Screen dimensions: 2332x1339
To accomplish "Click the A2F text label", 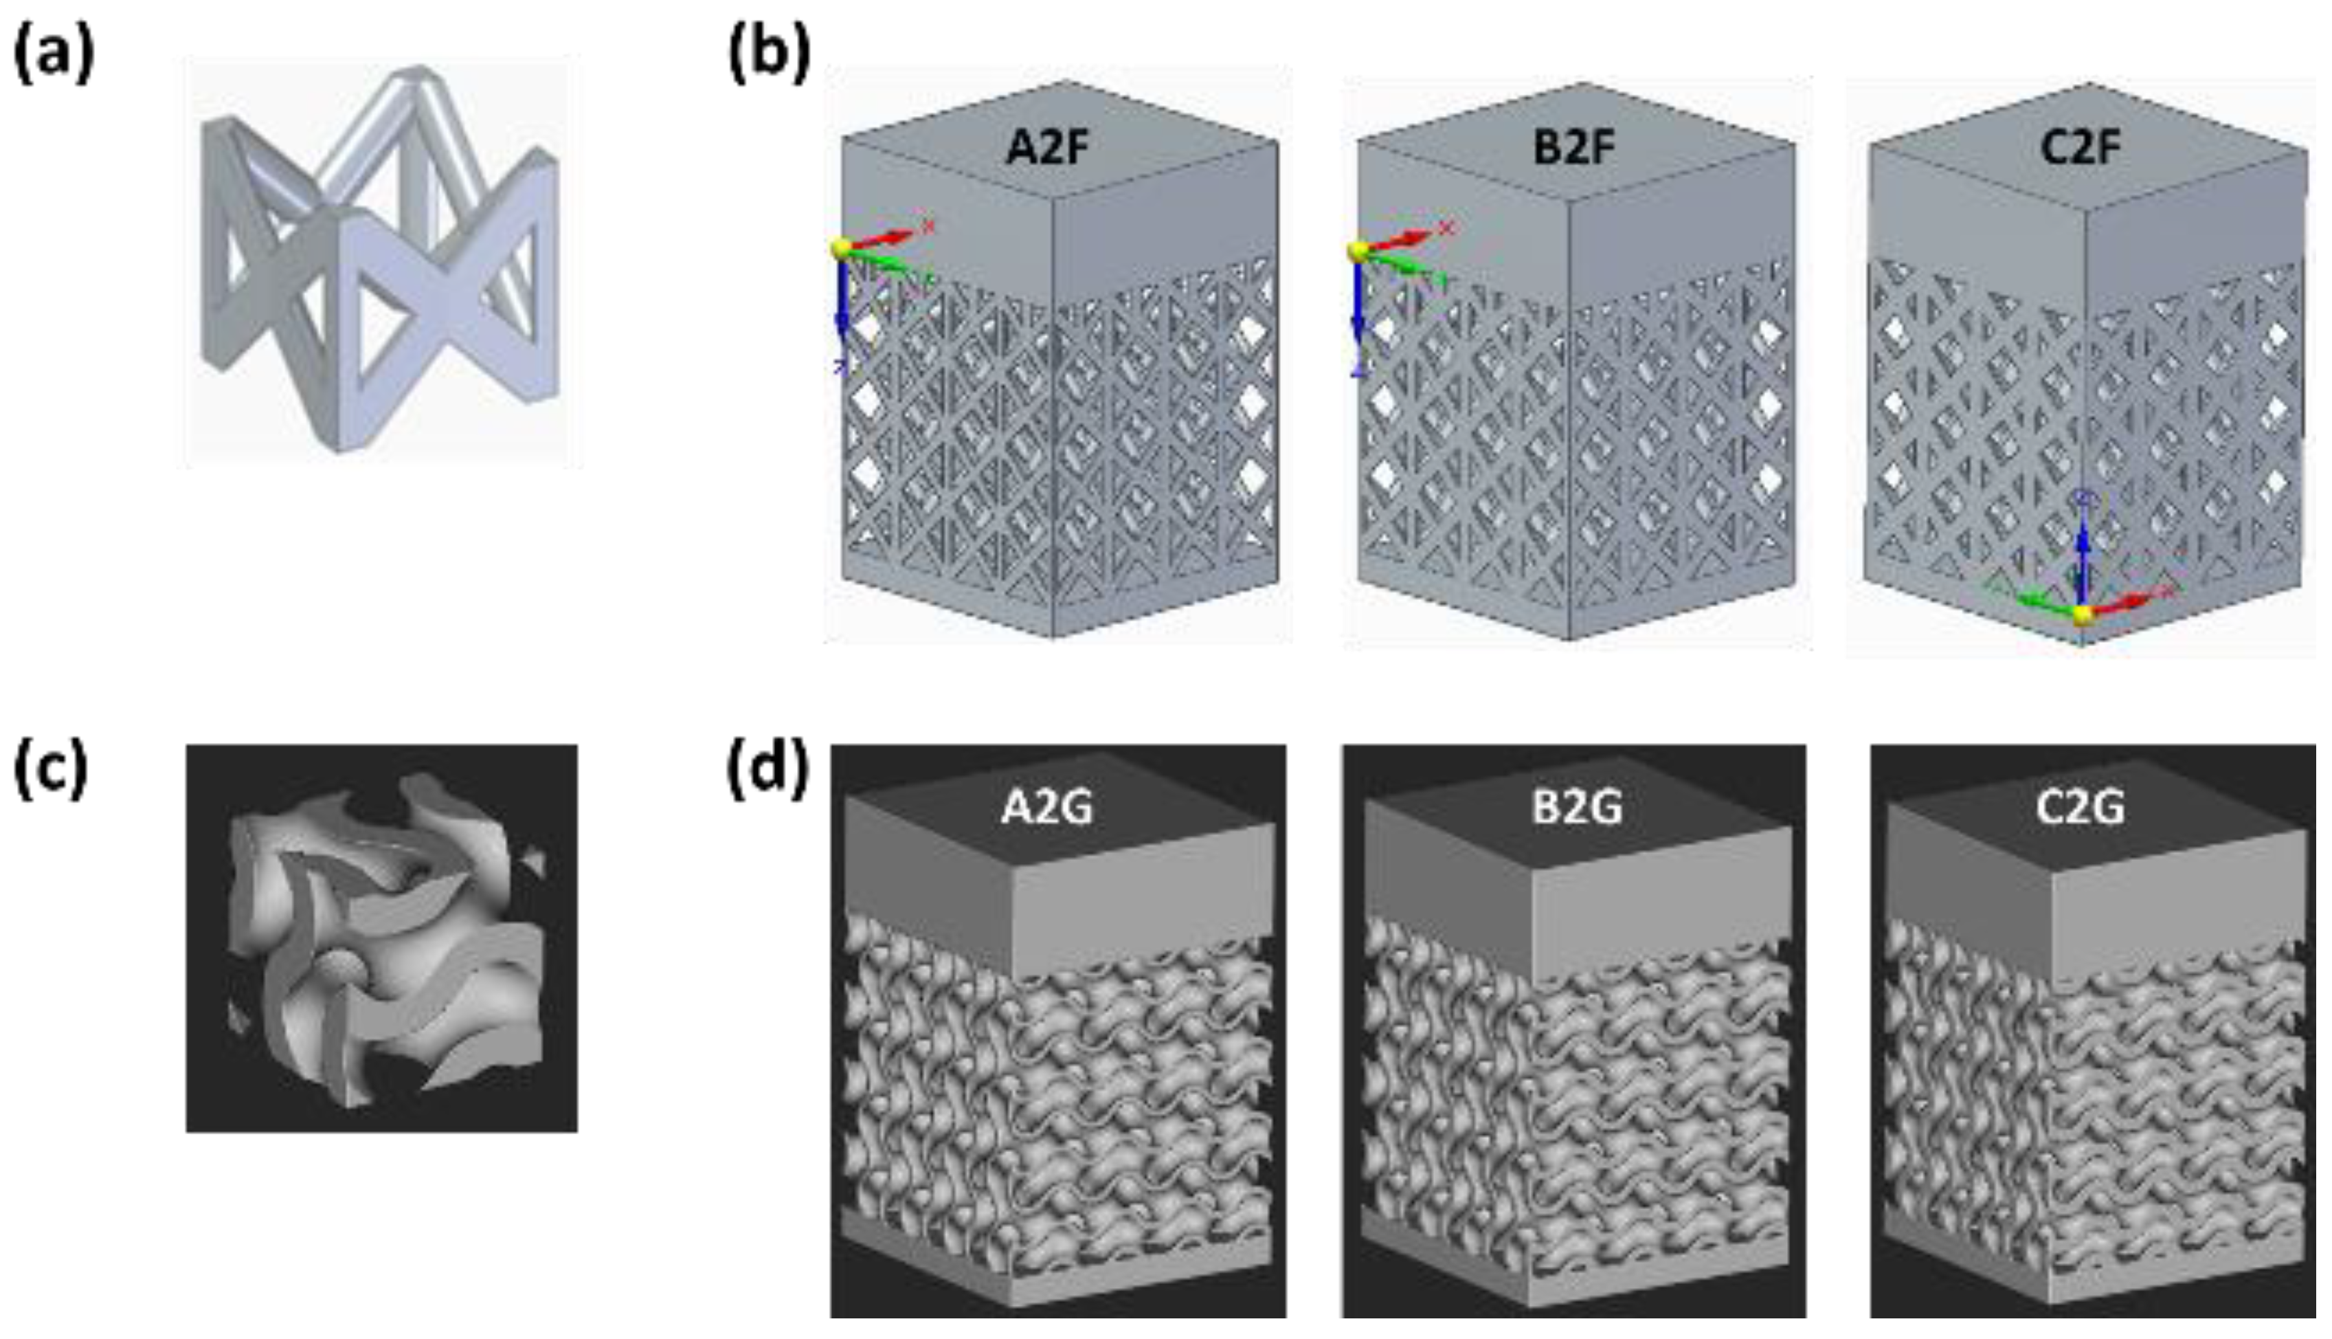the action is tap(1047, 147).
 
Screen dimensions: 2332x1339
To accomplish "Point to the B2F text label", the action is tap(1573, 147).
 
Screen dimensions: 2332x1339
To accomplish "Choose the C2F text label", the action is tap(2080, 147).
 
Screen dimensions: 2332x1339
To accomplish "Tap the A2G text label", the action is tap(1047, 808).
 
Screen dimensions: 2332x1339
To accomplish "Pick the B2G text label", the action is tap(1576, 808).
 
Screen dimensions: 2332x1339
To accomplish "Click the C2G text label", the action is tap(2080, 808).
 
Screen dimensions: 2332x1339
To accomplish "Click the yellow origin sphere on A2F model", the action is tap(840, 248).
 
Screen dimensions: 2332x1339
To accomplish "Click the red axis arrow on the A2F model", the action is tap(884, 237).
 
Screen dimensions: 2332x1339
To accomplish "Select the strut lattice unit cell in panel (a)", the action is tap(380, 262).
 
